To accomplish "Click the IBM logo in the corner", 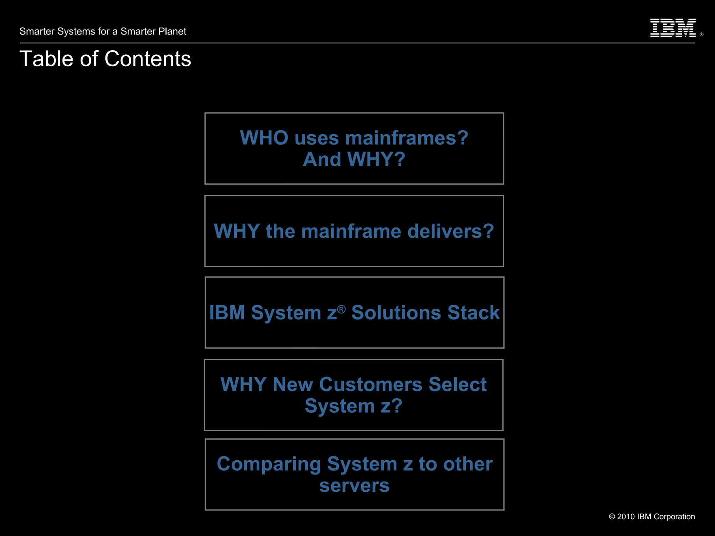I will click(673, 28).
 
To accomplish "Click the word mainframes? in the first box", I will click(407, 138).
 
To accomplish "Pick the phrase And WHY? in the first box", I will click(354, 159).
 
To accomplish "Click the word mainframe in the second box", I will click(351, 231).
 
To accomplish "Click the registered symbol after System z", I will click(341, 309).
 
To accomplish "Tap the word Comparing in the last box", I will click(268, 464).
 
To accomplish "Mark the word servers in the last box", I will click(354, 486).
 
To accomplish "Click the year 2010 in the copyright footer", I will click(626, 517).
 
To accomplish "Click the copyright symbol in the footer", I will click(612, 517).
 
